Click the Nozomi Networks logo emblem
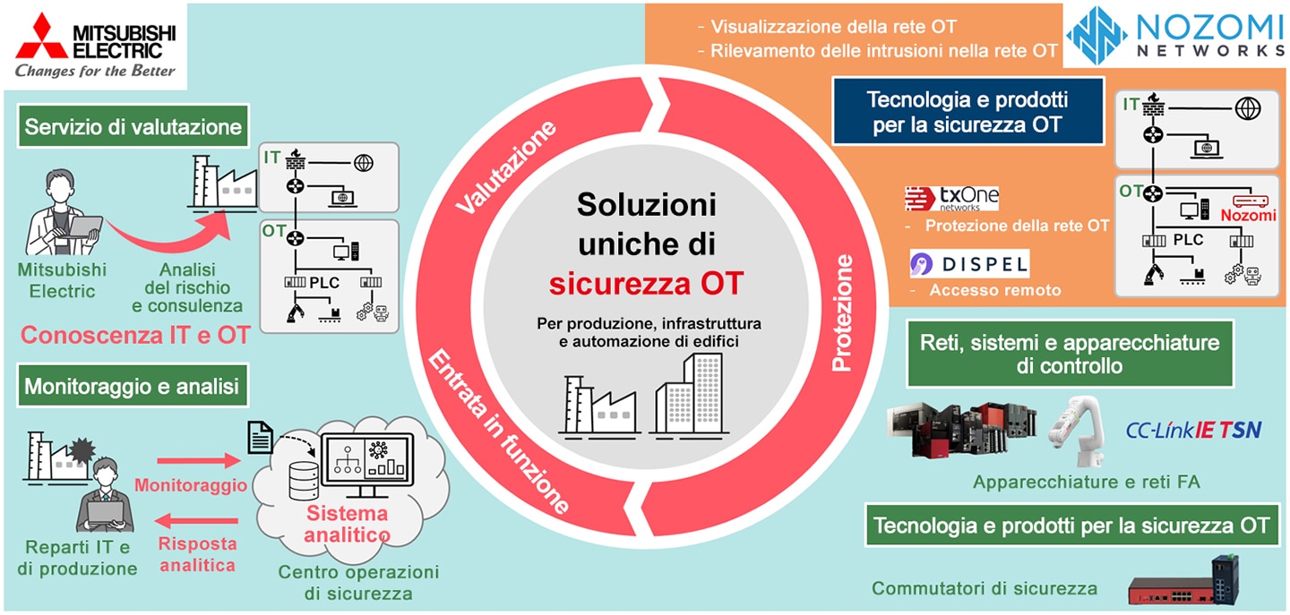coord(1096,35)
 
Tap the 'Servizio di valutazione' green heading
coord(133,126)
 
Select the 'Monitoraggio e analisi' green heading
coord(133,386)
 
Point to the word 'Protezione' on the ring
coord(842,313)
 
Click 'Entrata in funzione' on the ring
coord(497,431)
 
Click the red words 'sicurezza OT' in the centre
coord(646,284)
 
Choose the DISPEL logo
coord(969,264)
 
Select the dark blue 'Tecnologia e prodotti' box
coord(968,112)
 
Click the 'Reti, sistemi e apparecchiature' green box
coord(1070,354)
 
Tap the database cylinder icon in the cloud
coord(304,481)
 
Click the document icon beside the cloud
coord(261,438)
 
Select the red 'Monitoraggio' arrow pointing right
coord(198,460)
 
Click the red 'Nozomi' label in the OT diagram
coord(1248,215)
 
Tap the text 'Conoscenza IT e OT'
coord(135,335)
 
